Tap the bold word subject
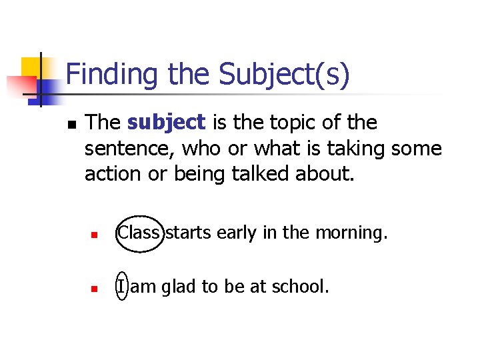166,123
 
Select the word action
109,173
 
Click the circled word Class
139,233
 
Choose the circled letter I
121,287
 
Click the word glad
178,287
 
